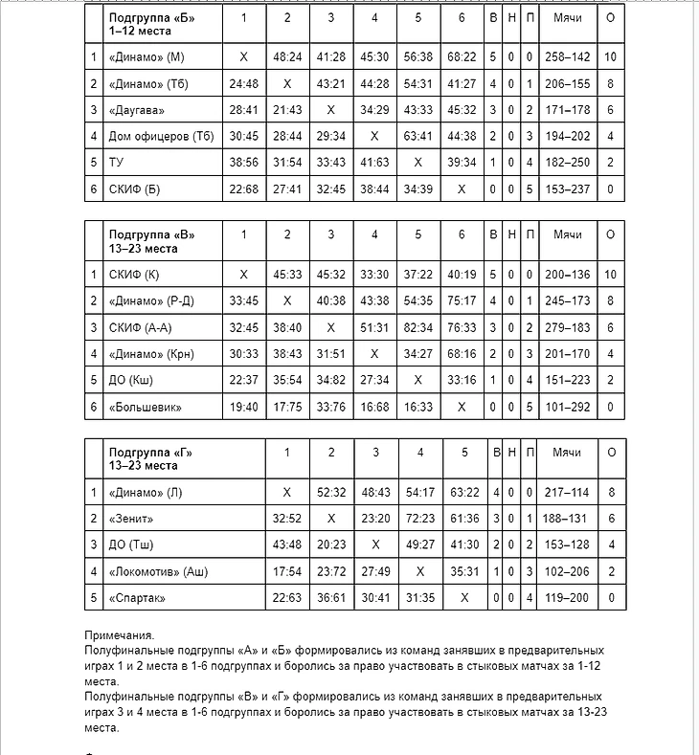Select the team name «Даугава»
tap(138, 110)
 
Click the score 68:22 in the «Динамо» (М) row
tap(462, 57)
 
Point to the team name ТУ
tap(117, 163)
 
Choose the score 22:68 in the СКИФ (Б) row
tap(243, 189)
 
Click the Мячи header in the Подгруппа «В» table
tap(568, 234)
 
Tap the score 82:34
tap(417, 327)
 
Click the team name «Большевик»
tap(146, 407)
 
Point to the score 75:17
tap(462, 301)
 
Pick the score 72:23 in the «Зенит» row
tap(420, 519)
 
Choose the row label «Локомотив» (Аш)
tap(157, 572)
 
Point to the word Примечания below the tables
tap(119, 635)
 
